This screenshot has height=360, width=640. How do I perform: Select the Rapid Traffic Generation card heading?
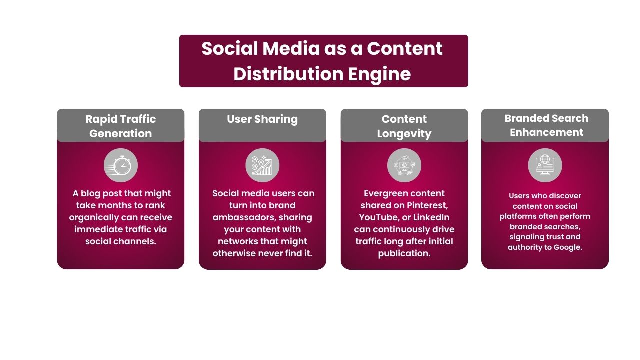[121, 126]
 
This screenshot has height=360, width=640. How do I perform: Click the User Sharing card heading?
[262, 119]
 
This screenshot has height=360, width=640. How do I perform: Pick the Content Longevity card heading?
[404, 126]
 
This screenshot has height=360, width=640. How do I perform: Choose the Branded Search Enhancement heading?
[546, 125]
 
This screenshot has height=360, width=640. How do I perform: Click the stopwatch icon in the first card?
[121, 165]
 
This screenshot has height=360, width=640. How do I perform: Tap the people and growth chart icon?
[262, 165]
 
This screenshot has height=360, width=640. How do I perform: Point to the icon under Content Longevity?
[404, 165]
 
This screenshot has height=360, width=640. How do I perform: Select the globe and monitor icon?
[545, 165]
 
